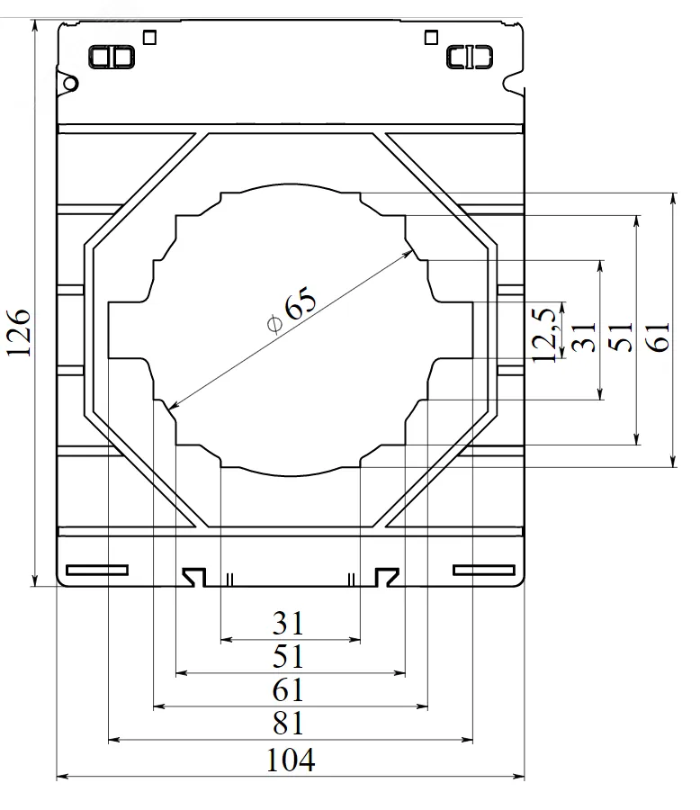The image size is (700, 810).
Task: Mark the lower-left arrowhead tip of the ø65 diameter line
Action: coord(169,409)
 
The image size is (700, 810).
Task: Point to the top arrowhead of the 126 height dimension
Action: coord(34,21)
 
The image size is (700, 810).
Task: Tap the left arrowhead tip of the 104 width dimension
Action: coord(57,776)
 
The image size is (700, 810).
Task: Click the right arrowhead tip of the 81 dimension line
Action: coord(472,740)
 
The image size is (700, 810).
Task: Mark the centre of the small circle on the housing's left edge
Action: coord(70,83)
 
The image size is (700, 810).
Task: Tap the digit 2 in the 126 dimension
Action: coord(19,333)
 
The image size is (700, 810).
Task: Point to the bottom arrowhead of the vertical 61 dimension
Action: coord(673,467)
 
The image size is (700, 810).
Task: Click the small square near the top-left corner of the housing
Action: coord(150,38)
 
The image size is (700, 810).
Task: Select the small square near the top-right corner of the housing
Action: coord(431,37)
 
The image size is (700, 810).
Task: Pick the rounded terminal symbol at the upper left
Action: coord(112,57)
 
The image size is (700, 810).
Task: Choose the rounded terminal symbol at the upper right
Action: coord(470,57)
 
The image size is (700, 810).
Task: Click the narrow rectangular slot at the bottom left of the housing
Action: coord(97,570)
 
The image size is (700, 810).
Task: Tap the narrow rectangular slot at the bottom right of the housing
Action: coord(483,570)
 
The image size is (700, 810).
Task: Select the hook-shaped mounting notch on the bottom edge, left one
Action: coord(194,577)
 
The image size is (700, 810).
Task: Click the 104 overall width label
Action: coord(291,760)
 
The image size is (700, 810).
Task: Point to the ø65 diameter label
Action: coord(291,310)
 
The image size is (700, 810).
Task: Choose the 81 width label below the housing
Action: coord(288,724)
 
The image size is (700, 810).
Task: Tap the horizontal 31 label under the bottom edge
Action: coord(288,624)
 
